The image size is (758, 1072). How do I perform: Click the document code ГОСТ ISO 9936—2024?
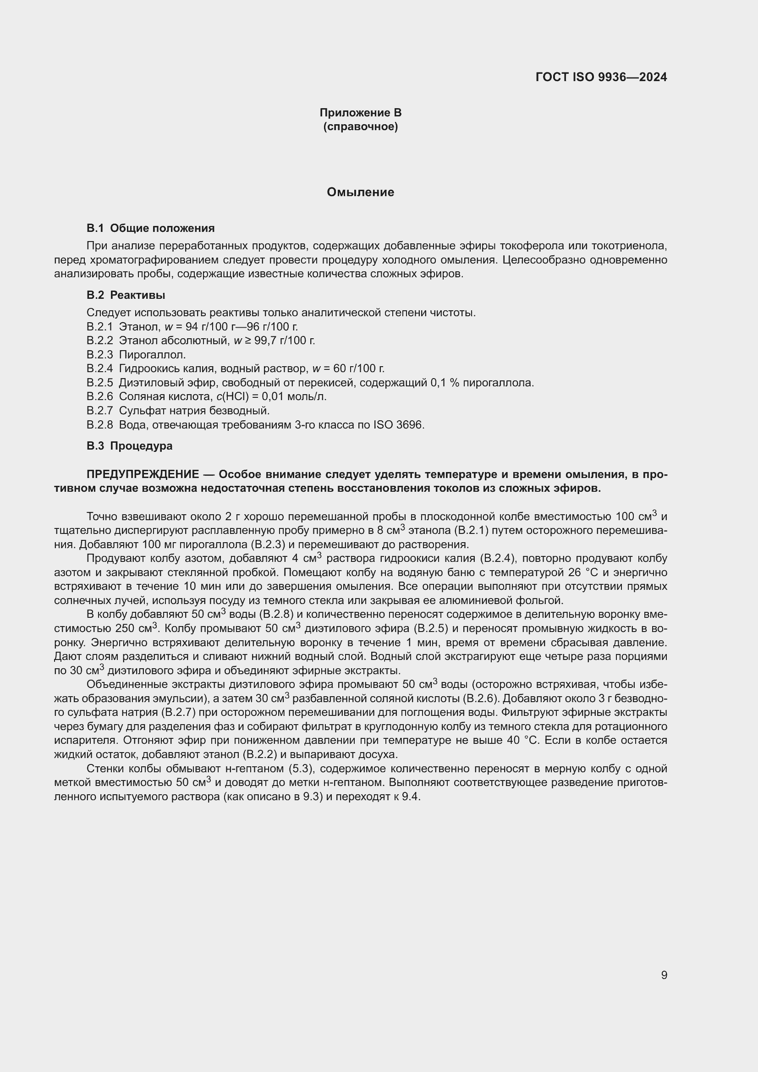(x=601, y=77)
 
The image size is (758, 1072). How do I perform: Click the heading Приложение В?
(x=360, y=113)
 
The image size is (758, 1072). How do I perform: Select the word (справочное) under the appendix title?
(x=360, y=126)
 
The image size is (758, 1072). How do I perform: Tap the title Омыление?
(x=360, y=192)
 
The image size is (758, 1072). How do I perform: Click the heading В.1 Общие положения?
(x=150, y=228)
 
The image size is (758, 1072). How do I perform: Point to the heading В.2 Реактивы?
(x=126, y=295)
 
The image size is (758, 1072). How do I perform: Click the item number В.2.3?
(x=99, y=355)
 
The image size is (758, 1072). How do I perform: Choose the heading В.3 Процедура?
(x=129, y=446)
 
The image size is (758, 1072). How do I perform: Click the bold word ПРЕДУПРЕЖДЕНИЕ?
(x=143, y=474)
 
